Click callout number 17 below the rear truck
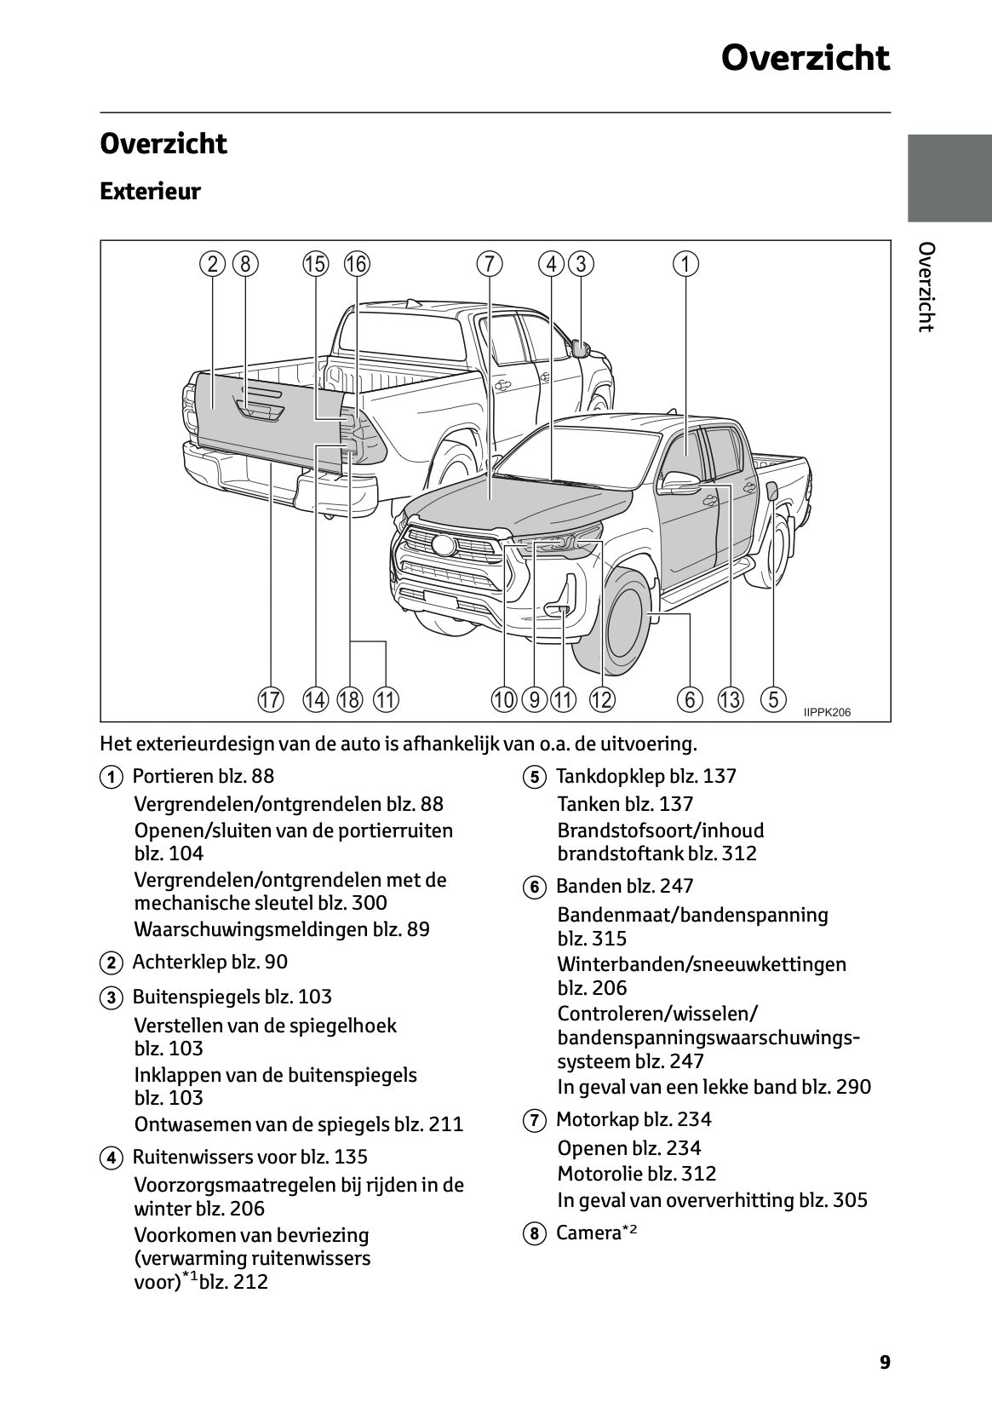coord(270,700)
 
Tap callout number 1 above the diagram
coord(685,264)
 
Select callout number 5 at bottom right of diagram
coord(772,700)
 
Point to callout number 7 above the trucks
coord(489,264)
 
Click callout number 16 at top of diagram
coord(356,264)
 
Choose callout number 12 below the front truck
coord(601,700)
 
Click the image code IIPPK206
coord(827,712)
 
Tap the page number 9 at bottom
coord(885,1362)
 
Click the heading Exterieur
coord(150,191)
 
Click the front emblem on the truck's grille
coord(443,546)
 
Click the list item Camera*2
coord(596,1233)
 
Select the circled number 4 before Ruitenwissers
coord(110,1158)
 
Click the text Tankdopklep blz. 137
coord(645,776)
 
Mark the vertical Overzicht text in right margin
coord(926,287)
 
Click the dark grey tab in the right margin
coord(949,178)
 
